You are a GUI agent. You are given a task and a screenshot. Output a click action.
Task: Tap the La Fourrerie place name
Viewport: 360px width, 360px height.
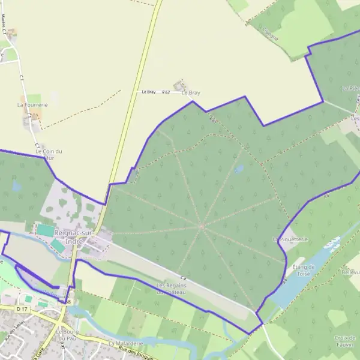coord(32,104)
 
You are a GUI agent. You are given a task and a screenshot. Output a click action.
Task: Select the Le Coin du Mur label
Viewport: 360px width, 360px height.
coord(49,155)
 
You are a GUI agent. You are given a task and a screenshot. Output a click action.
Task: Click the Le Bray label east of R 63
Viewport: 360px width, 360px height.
coord(190,93)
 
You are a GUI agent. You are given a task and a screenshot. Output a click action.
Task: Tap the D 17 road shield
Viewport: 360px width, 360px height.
coord(23,308)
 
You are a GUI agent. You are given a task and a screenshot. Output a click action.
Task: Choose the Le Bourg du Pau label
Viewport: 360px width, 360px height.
coord(68,335)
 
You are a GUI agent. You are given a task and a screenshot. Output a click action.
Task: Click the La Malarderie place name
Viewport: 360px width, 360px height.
coord(126,343)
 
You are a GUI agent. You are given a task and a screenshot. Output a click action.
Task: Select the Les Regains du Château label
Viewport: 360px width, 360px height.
coord(172,289)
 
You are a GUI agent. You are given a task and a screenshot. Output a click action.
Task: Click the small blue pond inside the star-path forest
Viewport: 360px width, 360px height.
coord(239,170)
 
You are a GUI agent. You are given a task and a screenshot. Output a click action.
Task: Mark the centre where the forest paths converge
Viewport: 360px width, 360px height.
coord(202,226)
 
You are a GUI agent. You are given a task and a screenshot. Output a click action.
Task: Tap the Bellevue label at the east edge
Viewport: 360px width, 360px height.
coord(350,272)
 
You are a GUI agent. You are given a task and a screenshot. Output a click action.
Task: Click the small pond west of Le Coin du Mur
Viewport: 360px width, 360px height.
coord(17,186)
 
